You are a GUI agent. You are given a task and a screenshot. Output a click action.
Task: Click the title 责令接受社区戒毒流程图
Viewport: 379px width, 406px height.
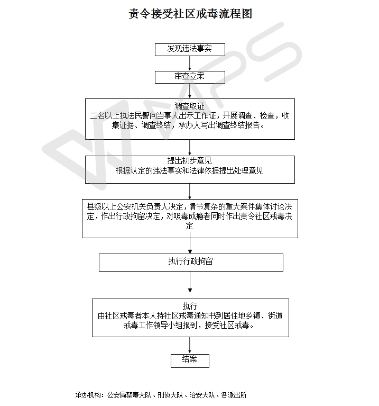click(190, 14)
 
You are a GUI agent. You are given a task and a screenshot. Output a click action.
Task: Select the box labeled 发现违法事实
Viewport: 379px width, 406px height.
click(190, 49)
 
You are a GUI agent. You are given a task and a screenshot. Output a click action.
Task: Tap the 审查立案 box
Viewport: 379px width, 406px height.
click(190, 77)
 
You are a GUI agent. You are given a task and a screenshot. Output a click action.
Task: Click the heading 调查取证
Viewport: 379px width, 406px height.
click(190, 106)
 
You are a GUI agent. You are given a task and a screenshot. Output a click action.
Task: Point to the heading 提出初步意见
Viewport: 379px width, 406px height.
click(190, 160)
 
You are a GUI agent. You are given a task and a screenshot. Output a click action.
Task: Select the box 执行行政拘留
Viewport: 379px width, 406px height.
click(191, 262)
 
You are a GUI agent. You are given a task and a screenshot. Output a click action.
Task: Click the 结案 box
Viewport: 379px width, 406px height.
click(190, 360)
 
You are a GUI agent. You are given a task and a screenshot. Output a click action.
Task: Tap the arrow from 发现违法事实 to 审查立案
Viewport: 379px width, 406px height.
click(190, 62)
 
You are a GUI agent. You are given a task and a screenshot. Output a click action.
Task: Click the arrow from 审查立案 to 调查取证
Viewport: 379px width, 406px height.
click(190, 91)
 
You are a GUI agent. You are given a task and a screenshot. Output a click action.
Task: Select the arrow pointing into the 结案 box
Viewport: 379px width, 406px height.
click(190, 345)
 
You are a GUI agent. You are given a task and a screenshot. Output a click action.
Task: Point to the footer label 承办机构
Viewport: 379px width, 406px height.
click(89, 395)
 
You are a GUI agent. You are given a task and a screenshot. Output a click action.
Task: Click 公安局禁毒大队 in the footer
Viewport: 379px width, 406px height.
click(129, 395)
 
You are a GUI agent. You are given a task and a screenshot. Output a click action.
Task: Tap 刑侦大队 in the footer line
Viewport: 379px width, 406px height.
click(170, 395)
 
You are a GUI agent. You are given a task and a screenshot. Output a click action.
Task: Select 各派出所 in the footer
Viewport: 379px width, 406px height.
click(234, 395)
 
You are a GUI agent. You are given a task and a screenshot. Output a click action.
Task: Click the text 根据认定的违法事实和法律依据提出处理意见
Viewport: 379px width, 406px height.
click(190, 171)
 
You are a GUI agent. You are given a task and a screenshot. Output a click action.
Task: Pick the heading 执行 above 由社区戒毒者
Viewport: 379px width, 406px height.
click(190, 306)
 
